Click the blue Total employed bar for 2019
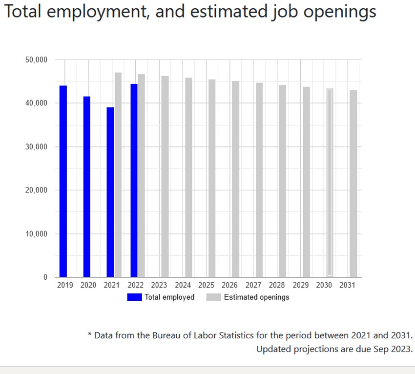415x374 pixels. [x=63, y=181]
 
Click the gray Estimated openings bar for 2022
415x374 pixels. [x=142, y=175]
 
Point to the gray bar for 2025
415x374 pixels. [x=212, y=178]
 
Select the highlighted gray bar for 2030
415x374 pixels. [x=330, y=183]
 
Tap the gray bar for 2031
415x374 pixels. [x=353, y=184]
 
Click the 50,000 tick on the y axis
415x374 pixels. [x=36, y=60]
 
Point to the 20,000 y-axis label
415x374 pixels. [x=36, y=190]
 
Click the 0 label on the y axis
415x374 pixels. [x=45, y=277]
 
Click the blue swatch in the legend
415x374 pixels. [x=134, y=297]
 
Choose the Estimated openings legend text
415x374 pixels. [x=256, y=297]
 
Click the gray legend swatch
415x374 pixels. [x=213, y=297]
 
